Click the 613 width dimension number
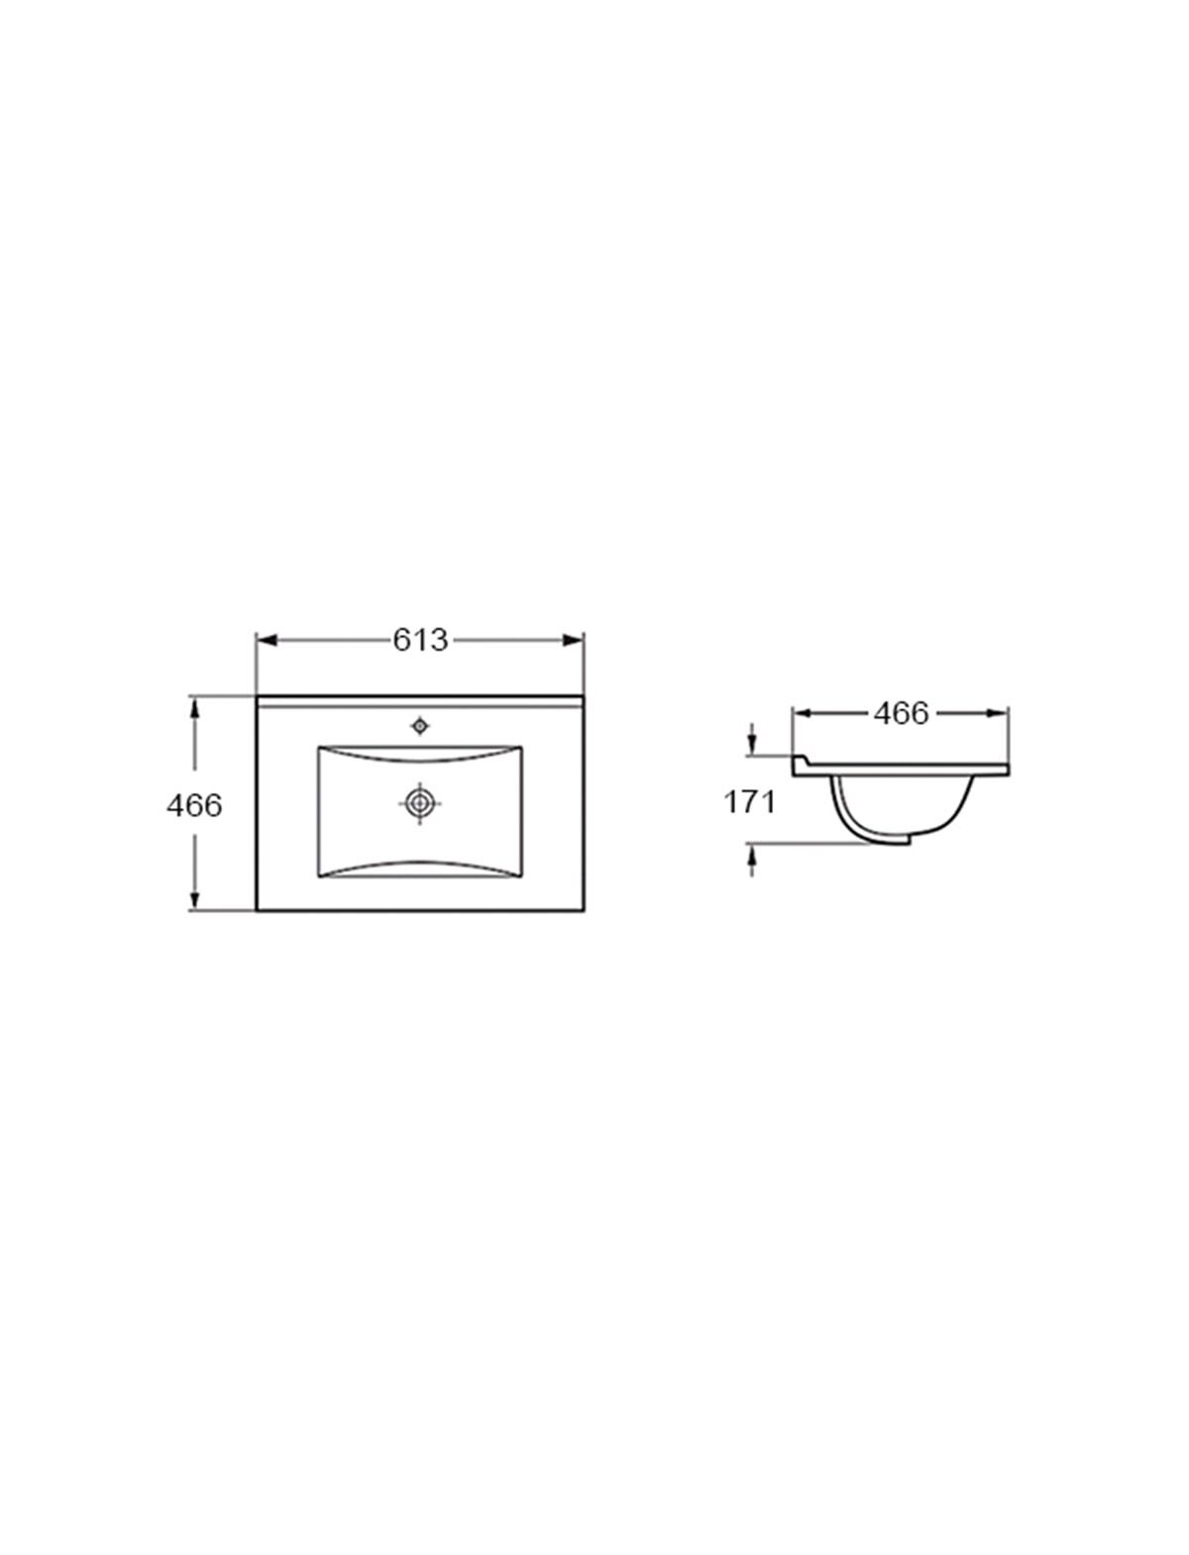point(421,641)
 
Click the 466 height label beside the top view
point(194,805)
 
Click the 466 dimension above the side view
point(901,713)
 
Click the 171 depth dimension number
point(750,802)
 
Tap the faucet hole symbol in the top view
point(421,726)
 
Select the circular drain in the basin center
point(420,803)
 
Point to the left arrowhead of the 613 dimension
point(266,641)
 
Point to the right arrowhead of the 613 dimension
point(574,641)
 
